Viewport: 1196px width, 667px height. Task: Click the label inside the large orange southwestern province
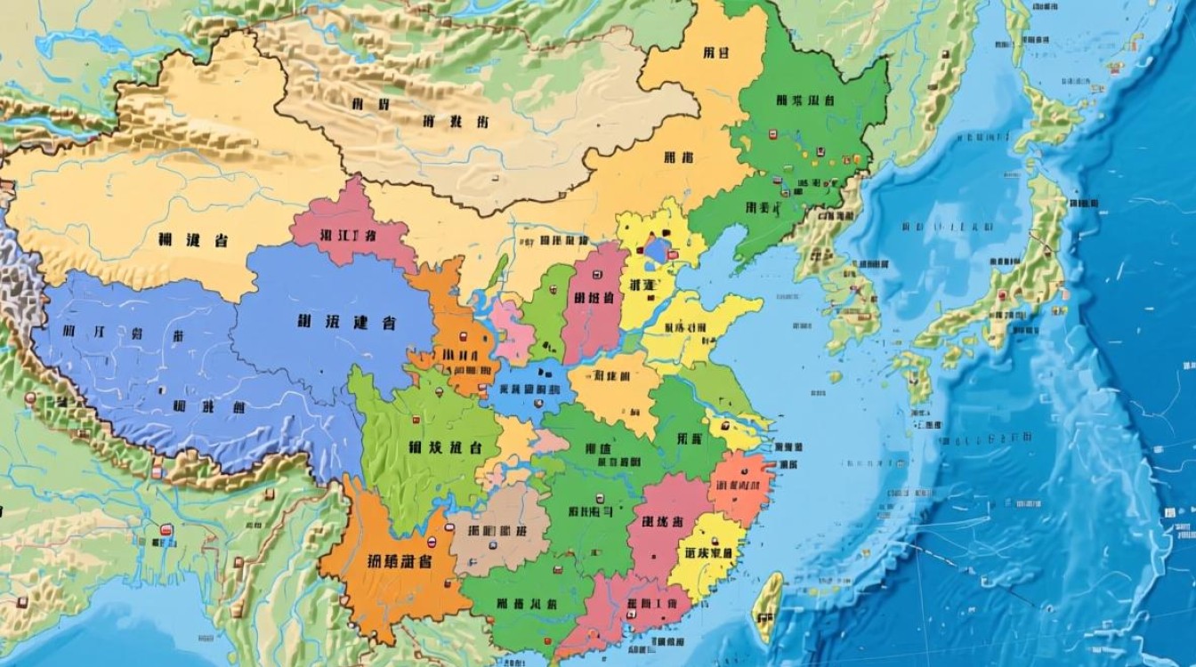(x=399, y=561)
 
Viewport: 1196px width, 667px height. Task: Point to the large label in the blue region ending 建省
(x=346, y=323)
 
